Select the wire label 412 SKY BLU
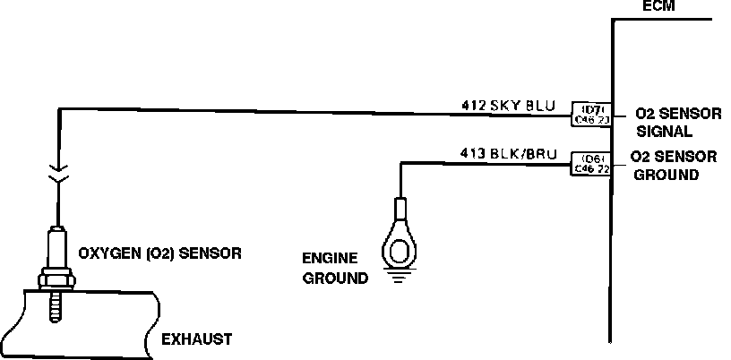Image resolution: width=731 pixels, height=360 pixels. [507, 105]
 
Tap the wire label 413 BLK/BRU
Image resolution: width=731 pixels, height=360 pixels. [508, 154]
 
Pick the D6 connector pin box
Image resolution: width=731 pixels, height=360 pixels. [591, 162]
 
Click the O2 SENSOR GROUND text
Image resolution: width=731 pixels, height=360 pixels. [673, 165]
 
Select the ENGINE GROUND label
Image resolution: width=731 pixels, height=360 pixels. [336, 267]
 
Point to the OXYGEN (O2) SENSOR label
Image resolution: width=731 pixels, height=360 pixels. [160, 253]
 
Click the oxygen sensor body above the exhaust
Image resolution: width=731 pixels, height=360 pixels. [56, 251]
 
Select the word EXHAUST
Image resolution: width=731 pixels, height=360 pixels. [196, 339]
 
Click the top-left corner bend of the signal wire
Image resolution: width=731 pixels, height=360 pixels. [58, 109]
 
